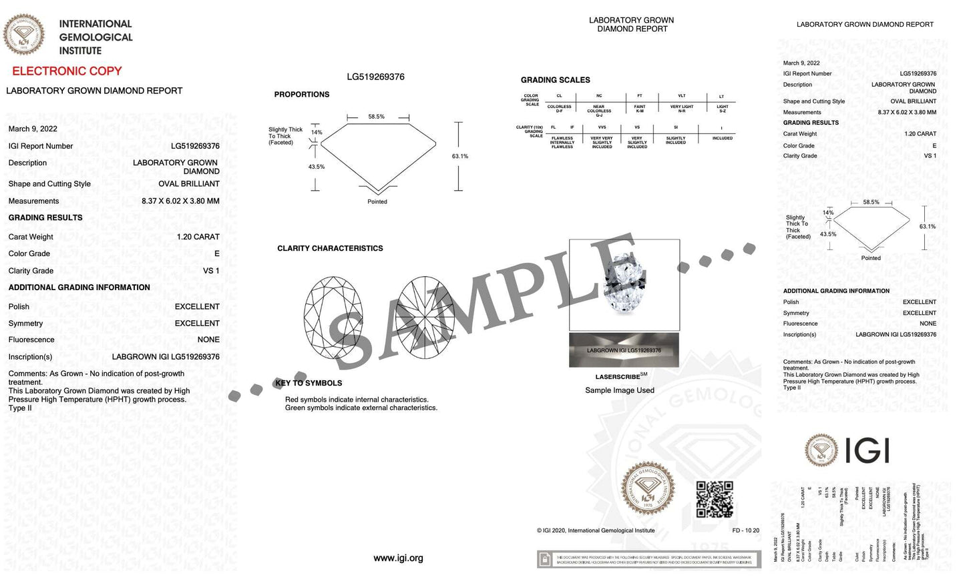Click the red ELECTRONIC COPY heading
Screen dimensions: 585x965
click(67, 71)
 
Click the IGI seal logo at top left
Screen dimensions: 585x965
click(24, 35)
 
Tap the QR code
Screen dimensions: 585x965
click(715, 500)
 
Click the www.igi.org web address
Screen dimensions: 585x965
click(398, 558)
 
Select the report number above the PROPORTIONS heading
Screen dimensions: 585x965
click(375, 77)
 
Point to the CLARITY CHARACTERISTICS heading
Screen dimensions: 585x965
click(330, 248)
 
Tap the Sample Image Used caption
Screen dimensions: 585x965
click(619, 390)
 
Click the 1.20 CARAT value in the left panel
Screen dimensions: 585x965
click(198, 237)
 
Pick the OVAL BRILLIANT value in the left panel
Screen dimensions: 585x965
click(189, 184)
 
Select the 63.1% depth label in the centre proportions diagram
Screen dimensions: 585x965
click(460, 156)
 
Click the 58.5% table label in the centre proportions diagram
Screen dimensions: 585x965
click(376, 117)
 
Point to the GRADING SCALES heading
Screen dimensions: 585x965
click(555, 80)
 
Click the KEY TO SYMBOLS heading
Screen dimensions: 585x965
click(309, 383)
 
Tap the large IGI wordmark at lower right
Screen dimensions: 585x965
click(867, 450)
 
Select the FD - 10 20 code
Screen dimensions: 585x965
click(745, 530)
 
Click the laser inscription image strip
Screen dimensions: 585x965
click(624, 350)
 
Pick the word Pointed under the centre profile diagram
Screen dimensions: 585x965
click(377, 201)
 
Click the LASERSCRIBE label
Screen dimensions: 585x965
click(618, 377)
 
